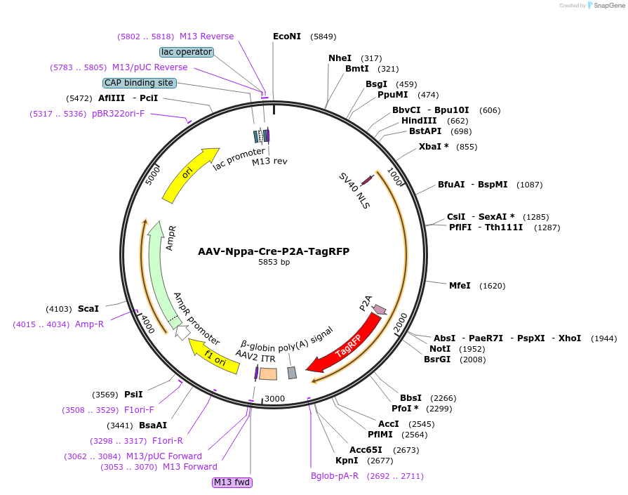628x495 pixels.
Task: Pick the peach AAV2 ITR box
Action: click(x=268, y=374)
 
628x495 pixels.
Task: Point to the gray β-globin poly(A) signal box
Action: click(x=292, y=373)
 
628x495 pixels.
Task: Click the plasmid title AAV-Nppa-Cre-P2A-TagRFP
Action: click(x=274, y=251)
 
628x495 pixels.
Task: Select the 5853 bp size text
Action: click(x=274, y=263)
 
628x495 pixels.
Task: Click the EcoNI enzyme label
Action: click(x=286, y=37)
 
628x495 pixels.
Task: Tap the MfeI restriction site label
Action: click(x=460, y=286)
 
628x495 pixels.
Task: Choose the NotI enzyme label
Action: click(x=440, y=349)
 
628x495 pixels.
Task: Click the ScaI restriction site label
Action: click(x=88, y=308)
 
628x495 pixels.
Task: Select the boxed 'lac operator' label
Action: click(x=187, y=52)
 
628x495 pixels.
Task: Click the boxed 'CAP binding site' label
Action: click(x=139, y=83)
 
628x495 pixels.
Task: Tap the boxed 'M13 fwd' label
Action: click(x=232, y=482)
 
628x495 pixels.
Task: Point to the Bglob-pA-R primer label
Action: click(x=335, y=476)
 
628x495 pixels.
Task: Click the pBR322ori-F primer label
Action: click(x=118, y=114)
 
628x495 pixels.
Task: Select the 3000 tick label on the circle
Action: click(x=274, y=399)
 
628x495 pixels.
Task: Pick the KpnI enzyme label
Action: click(x=347, y=461)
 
